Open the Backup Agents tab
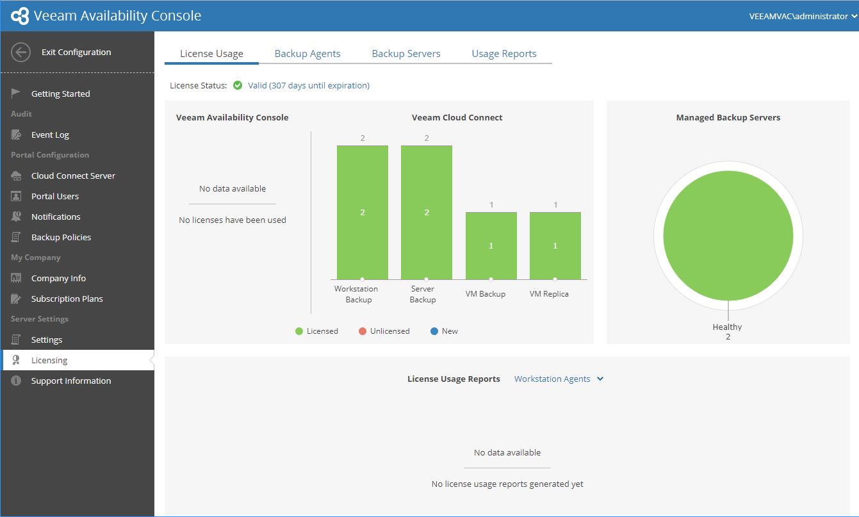pos(307,54)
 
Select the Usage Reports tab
pos(504,54)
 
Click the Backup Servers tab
pos(405,54)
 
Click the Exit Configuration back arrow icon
pos(20,52)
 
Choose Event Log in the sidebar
pos(50,135)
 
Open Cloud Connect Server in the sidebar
pos(73,176)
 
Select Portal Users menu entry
pos(55,197)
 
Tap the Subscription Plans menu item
pos(67,299)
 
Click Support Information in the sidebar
pos(71,381)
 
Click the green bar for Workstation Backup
pos(363,213)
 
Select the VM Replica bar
pos(555,246)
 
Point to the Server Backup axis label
pos(423,294)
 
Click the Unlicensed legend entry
pos(384,331)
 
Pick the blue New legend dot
pos(434,331)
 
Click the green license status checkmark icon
pos(238,85)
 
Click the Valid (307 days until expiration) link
pos(309,86)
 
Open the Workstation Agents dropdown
pos(559,379)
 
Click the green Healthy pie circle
pos(728,236)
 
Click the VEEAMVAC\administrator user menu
pos(803,16)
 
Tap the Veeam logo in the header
pos(20,16)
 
